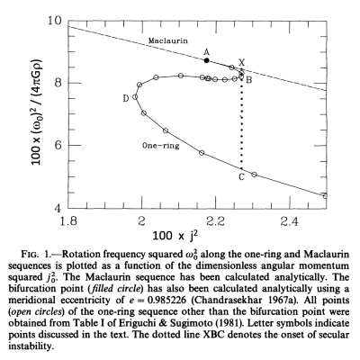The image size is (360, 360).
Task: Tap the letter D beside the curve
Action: pyautogui.click(x=125, y=96)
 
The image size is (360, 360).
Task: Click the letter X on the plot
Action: pyautogui.click(x=240, y=63)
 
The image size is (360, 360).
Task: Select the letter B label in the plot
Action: pyautogui.click(x=249, y=81)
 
